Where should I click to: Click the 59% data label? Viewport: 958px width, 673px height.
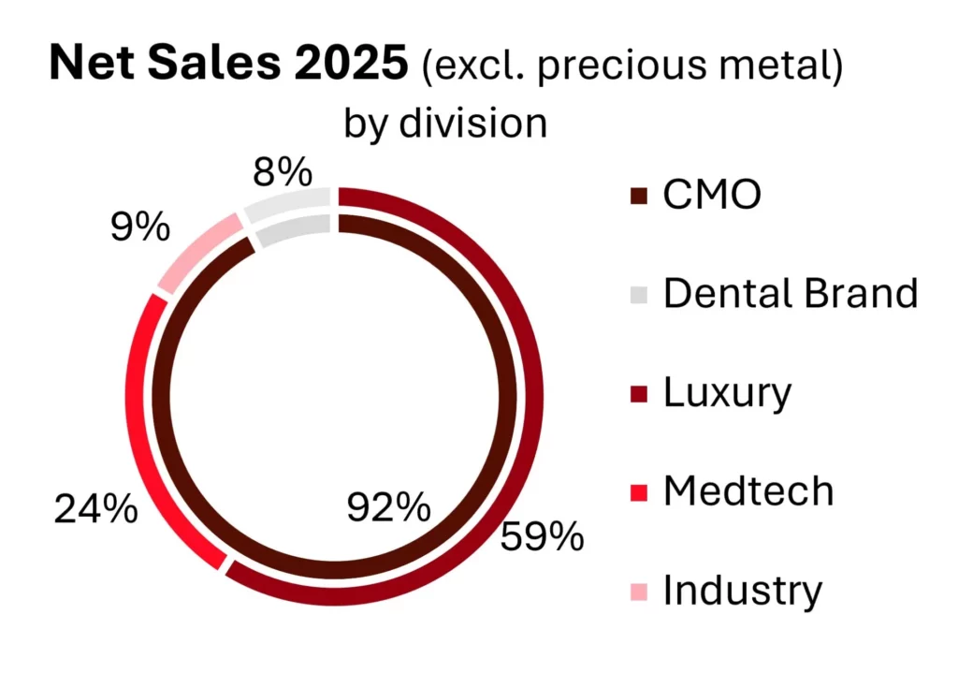coord(542,537)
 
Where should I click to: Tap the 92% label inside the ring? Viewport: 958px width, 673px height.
coord(388,508)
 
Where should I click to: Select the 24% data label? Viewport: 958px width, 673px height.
coord(95,510)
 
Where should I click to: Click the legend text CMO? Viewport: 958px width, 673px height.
coord(712,196)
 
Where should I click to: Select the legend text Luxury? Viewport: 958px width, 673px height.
coord(727,393)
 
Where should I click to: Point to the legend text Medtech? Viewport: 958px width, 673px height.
coord(748,491)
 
